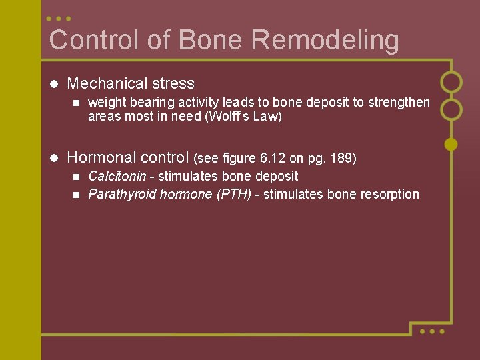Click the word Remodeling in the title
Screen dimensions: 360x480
pyautogui.click(x=325, y=40)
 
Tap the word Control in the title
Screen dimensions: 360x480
pyautogui.click(x=95, y=40)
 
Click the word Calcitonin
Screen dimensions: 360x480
pyautogui.click(x=117, y=177)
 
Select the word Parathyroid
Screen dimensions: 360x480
pyautogui.click(x=117, y=195)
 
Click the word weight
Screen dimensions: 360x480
pyautogui.click(x=105, y=103)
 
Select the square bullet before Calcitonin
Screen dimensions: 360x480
pyautogui.click(x=75, y=177)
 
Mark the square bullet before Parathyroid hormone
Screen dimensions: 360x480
pyautogui.click(x=75, y=195)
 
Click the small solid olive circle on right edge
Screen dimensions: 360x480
pyautogui.click(x=451, y=143)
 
